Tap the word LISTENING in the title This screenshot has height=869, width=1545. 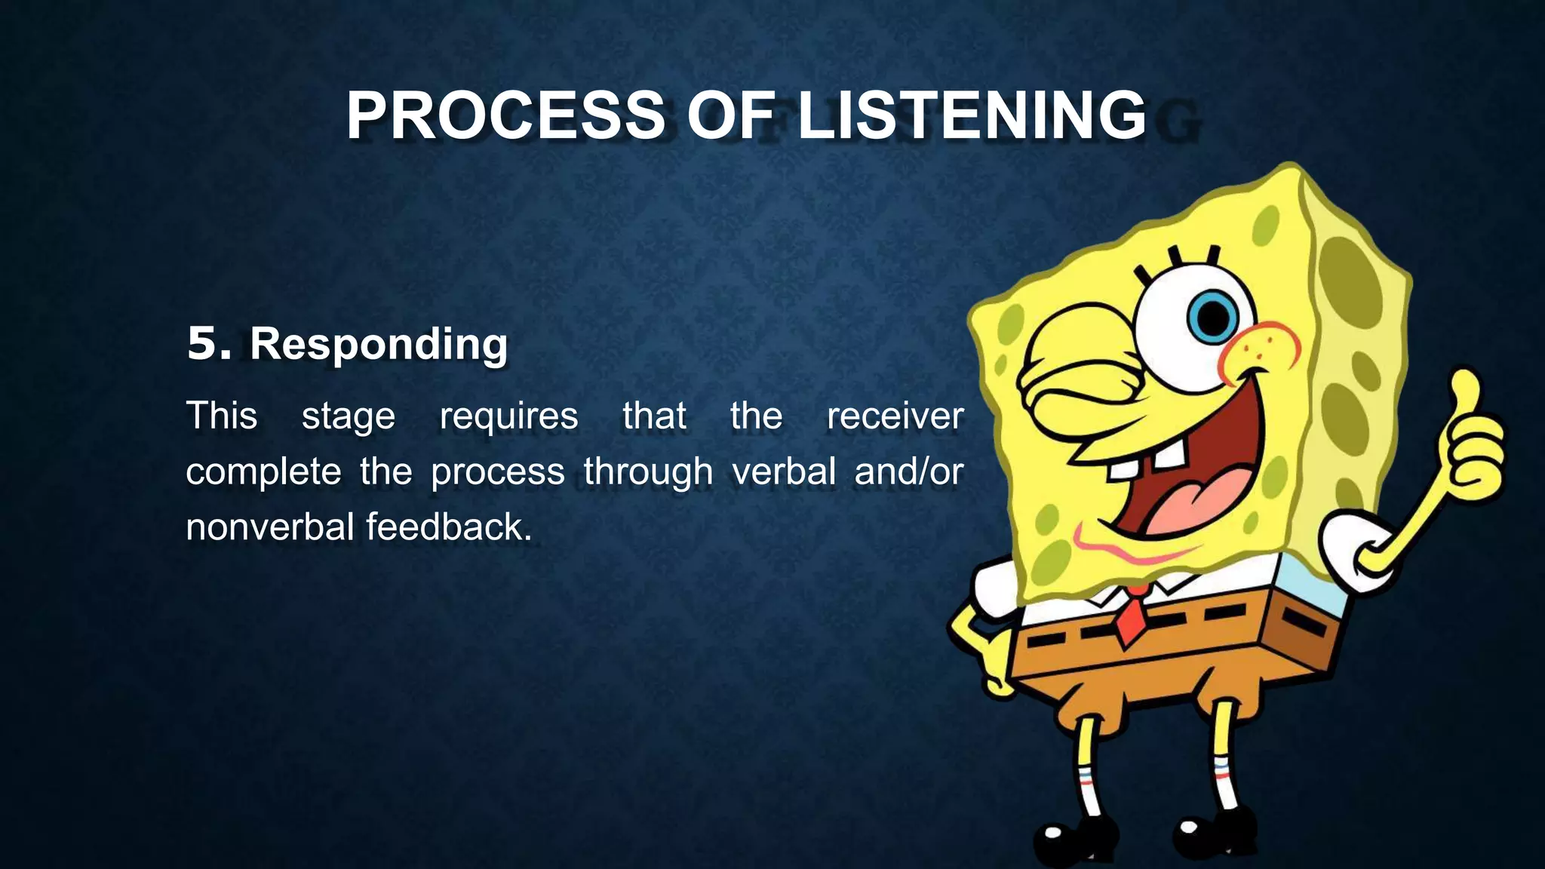pos(972,115)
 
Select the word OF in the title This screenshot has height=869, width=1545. pos(730,115)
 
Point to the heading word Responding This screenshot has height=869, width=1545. pos(379,345)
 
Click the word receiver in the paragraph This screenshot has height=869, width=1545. pos(895,416)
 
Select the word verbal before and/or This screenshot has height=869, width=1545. pos(784,471)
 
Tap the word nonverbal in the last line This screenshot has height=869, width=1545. pos(269,527)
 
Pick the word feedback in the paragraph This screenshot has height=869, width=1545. pos(449,527)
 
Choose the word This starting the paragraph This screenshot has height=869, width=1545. pos(222,416)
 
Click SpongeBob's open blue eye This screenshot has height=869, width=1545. pos(1211,317)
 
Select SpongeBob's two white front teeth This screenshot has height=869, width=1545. pos(1147,460)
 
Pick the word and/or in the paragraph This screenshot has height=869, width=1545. pos(908,471)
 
